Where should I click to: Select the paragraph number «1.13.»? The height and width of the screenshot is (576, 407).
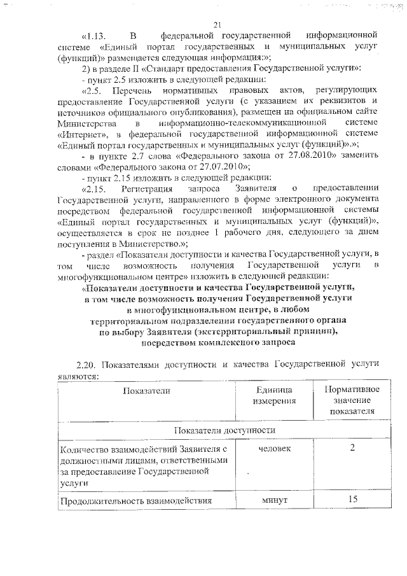[x=97, y=36]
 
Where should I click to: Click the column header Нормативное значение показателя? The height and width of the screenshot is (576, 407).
[x=352, y=400]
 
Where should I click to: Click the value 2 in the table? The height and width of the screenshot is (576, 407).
[x=352, y=449]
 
